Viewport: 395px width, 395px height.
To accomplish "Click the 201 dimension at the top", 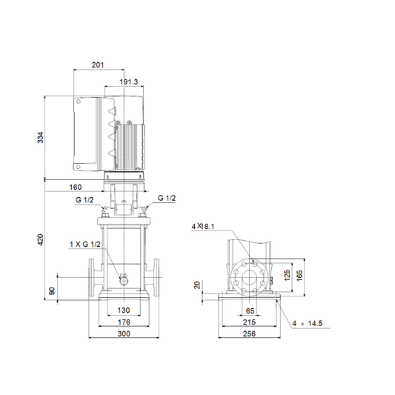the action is (98, 65).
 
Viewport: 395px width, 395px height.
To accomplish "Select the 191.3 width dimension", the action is (129, 82).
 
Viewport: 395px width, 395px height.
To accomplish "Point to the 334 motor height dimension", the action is (40, 138).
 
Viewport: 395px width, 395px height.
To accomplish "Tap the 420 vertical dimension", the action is (40, 240).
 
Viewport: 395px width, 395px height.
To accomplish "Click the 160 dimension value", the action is (76, 187).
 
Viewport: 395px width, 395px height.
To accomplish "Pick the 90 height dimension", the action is (52, 291).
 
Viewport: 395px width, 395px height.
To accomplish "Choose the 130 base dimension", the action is (124, 310).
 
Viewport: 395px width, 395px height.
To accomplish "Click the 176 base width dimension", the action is (124, 322).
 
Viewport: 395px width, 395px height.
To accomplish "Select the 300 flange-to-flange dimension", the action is (124, 333).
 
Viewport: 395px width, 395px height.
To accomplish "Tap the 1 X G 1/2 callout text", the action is (85, 244).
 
